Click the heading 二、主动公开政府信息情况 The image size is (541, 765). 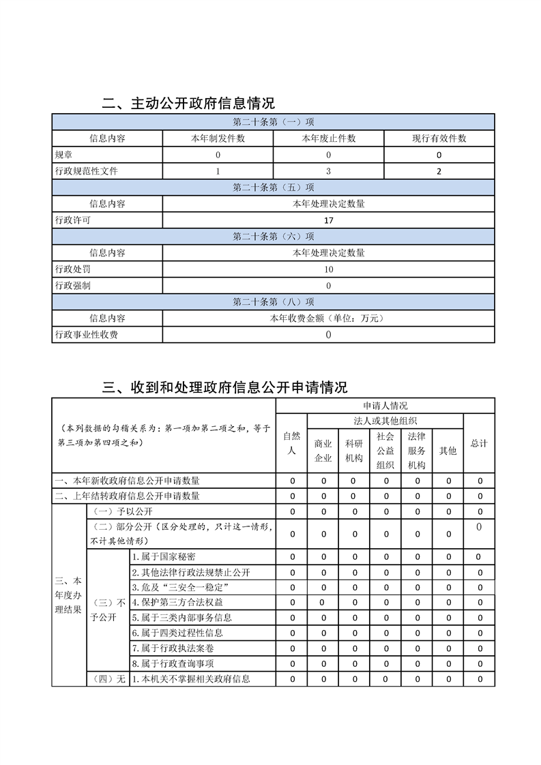click(188, 104)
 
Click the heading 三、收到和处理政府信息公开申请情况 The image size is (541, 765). click(224, 387)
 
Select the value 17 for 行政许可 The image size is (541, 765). click(329, 220)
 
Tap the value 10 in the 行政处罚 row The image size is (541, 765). click(329, 269)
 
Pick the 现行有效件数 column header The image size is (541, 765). click(439, 138)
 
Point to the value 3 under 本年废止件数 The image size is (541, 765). click(328, 171)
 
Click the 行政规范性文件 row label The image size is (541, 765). click(86, 171)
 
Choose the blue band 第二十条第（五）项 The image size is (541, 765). click(273, 187)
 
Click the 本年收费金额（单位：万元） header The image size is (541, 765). click(328, 318)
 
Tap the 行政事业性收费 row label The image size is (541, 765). click(86, 335)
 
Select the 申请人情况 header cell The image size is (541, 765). click(385, 406)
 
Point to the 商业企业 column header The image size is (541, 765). click(323, 450)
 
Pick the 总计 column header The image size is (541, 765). click(479, 443)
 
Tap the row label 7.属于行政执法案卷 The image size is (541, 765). click(172, 648)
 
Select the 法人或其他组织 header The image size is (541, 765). click(385, 421)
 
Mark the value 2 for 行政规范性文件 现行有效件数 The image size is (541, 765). click(439, 171)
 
